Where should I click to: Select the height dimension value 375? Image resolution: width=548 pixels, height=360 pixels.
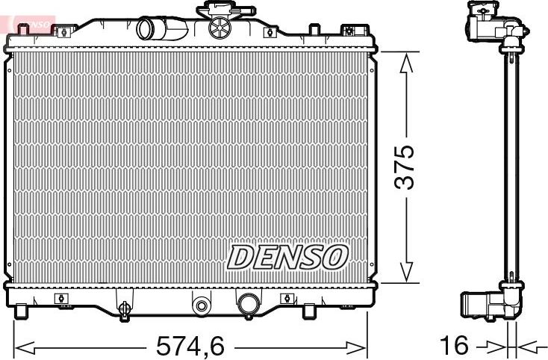(405, 167)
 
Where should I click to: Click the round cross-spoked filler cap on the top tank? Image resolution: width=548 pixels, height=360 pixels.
(220, 30)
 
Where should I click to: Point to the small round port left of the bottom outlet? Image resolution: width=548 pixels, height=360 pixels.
(200, 304)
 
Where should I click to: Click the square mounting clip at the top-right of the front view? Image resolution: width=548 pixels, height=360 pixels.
(348, 31)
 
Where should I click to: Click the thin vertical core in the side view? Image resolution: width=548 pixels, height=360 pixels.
(511, 164)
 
